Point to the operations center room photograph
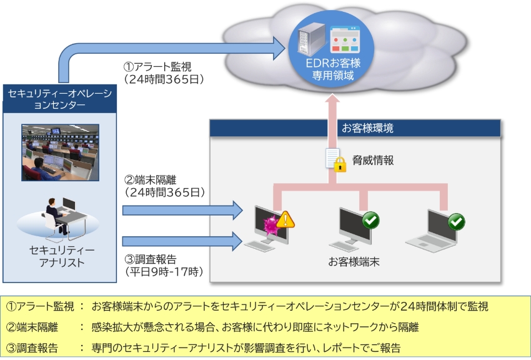(60, 152)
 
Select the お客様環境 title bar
(355, 127)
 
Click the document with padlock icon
(334, 161)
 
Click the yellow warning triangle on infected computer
(285, 219)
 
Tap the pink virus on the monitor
(270, 223)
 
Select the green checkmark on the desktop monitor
(370, 220)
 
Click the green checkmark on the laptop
(457, 221)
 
